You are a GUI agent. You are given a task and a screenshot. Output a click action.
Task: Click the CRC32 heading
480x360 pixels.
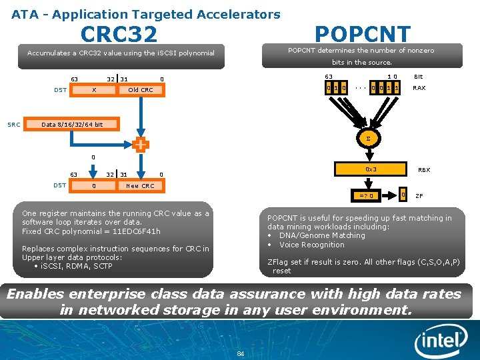pos(119,34)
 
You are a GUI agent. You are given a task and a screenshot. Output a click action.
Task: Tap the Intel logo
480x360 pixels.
pos(440,342)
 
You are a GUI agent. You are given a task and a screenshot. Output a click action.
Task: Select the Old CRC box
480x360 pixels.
pos(140,90)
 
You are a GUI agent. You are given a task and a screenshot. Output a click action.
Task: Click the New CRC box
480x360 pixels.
pos(140,186)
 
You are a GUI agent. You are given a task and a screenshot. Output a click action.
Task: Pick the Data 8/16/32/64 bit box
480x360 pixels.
pos(72,124)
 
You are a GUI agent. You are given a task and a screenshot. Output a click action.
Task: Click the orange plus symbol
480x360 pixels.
pos(141,144)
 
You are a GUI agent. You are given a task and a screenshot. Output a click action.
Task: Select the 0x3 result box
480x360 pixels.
pos(371,169)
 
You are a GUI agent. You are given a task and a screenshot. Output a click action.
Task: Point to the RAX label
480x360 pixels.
pos(419,87)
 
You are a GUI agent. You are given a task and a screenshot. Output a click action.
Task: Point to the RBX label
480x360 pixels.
pos(423,170)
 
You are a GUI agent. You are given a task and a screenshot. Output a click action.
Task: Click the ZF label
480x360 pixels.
pos(419,195)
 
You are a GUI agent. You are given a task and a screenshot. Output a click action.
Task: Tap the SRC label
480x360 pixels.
pos(13,124)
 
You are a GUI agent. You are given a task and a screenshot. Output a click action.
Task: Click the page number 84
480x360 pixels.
pos(241,353)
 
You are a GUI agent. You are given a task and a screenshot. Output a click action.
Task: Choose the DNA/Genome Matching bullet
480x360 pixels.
pos(322,235)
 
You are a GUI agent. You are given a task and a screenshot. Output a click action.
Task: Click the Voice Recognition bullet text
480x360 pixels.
pos(311,245)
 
